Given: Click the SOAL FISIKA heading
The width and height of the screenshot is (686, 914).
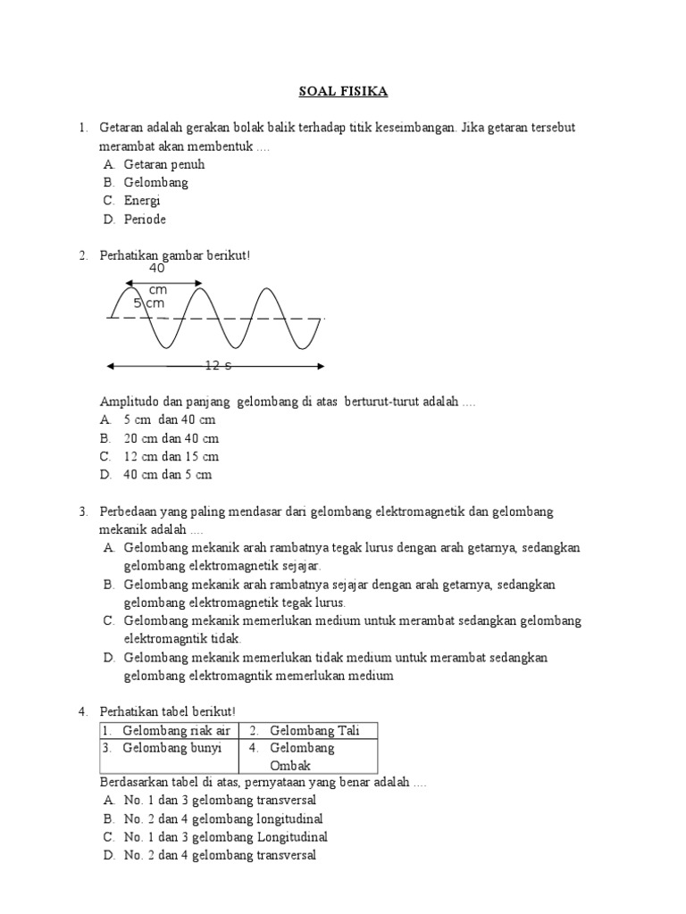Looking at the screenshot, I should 343,91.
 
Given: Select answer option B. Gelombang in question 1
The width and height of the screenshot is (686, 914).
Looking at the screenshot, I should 155,182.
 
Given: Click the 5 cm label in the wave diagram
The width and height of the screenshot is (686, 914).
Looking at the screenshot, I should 149,303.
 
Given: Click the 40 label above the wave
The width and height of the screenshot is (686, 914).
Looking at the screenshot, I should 157,268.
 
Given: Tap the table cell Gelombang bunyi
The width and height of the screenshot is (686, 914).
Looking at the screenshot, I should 171,748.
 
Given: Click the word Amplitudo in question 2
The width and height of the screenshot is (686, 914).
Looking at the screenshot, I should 131,402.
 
